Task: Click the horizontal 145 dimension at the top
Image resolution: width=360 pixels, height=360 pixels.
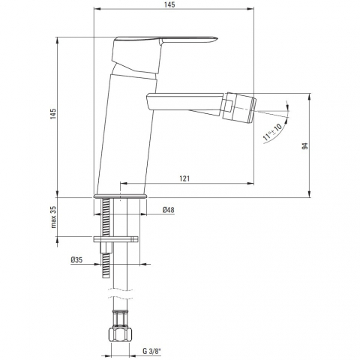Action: click(170, 4)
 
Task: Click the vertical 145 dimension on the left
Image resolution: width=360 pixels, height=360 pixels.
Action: click(54, 114)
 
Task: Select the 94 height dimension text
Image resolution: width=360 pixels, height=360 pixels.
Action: click(304, 146)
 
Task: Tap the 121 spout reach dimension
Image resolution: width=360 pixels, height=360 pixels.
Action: click(184, 178)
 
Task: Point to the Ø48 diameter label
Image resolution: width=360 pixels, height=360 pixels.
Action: click(169, 210)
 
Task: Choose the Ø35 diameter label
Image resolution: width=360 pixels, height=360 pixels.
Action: click(76, 260)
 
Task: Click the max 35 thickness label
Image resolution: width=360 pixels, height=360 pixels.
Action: click(54, 217)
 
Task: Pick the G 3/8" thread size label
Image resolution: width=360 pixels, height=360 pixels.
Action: click(151, 351)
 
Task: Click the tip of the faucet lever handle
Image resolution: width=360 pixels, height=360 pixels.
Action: click(217, 39)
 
